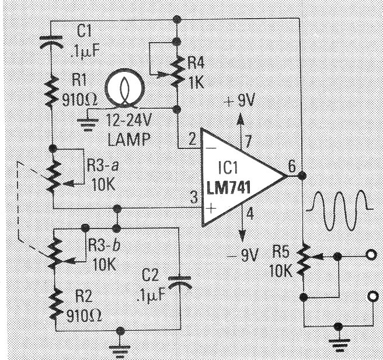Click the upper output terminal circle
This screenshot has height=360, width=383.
pyautogui.click(x=369, y=255)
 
